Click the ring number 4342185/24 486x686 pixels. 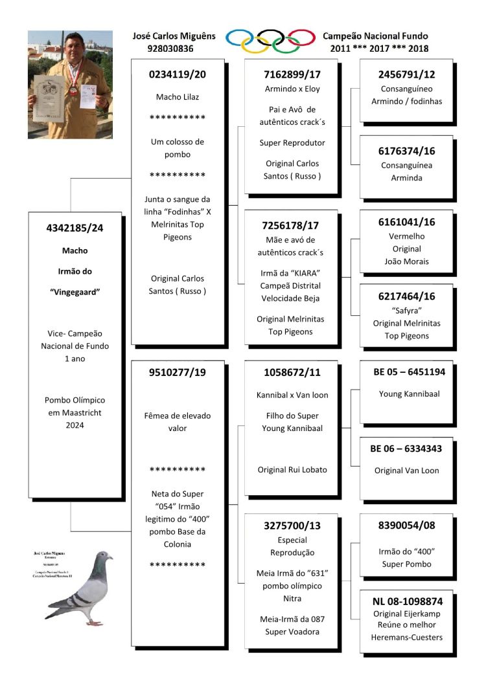(75, 228)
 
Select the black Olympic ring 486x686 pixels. (270, 36)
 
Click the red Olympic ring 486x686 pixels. (301, 37)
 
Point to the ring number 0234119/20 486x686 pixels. (178, 74)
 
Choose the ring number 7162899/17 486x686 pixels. (292, 74)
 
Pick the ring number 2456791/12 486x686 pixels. (406, 74)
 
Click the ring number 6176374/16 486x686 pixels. (406, 151)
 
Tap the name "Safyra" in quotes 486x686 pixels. (406, 310)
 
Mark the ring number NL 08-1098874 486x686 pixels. (406, 601)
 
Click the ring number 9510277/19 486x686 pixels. (178, 372)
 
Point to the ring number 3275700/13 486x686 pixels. (292, 526)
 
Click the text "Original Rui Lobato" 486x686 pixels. (292, 470)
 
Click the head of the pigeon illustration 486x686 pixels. (103, 557)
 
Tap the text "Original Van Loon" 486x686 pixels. (406, 470)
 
